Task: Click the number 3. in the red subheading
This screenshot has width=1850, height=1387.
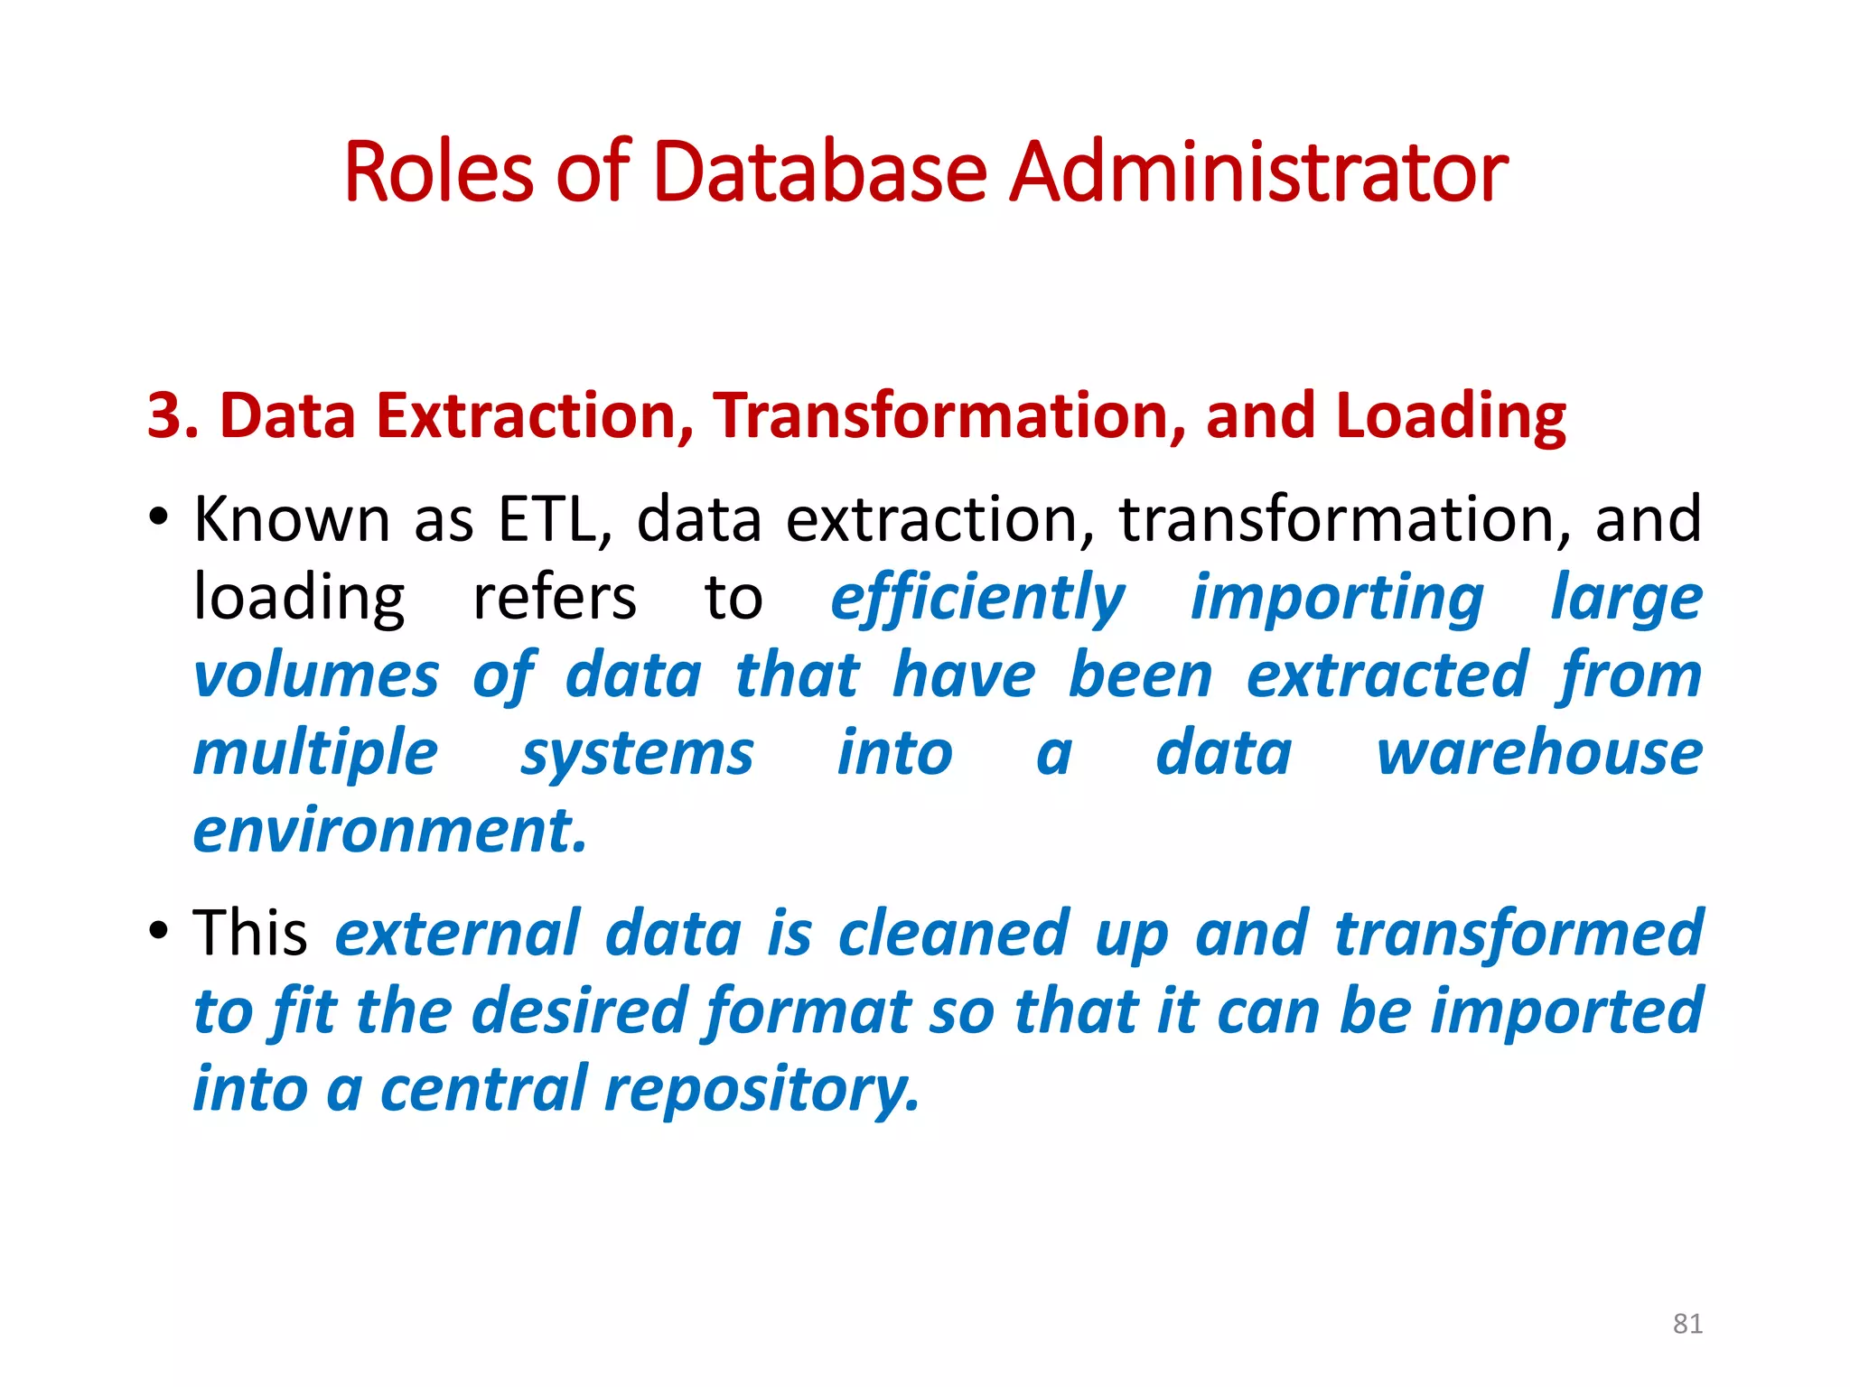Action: pyautogui.click(x=173, y=416)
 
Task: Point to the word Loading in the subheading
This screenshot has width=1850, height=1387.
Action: pyautogui.click(x=1451, y=416)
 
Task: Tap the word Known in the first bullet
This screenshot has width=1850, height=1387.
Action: pyautogui.click(x=292, y=520)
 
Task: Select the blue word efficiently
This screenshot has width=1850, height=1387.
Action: pyautogui.click(x=977, y=599)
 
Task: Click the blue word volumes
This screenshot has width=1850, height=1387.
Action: pyautogui.click(x=316, y=676)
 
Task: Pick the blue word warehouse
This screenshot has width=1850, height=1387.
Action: pyautogui.click(x=1539, y=754)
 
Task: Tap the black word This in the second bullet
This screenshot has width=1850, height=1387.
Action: pyautogui.click(x=250, y=934)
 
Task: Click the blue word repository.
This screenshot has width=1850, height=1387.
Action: pyautogui.click(x=761, y=1089)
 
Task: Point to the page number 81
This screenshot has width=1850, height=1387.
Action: pyautogui.click(x=1687, y=1324)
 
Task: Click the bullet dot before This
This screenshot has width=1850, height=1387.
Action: pyautogui.click(x=159, y=930)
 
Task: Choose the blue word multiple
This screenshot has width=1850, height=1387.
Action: pyautogui.click(x=316, y=754)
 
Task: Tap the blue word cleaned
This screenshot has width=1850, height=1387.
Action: pyautogui.click(x=954, y=934)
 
